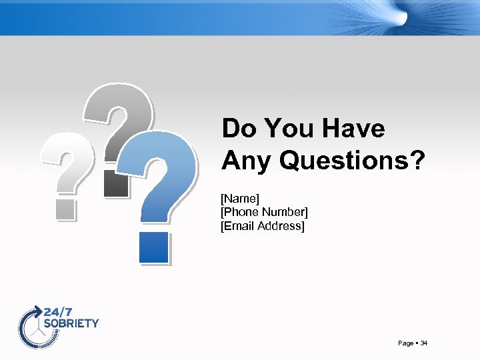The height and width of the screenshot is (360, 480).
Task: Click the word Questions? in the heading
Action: pos(351,160)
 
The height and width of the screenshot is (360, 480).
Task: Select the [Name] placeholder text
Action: pos(240,198)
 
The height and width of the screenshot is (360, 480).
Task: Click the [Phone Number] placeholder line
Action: pos(264,212)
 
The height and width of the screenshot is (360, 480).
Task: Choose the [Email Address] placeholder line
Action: pos(262,227)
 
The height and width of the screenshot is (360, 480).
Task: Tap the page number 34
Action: pos(424,343)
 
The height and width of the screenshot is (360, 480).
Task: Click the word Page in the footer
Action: pos(405,343)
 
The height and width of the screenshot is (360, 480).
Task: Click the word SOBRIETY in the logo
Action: pos(71,323)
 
